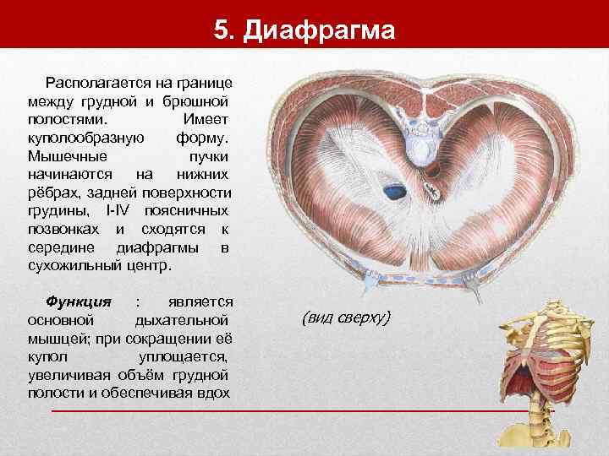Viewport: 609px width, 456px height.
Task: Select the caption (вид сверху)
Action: click(346, 318)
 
